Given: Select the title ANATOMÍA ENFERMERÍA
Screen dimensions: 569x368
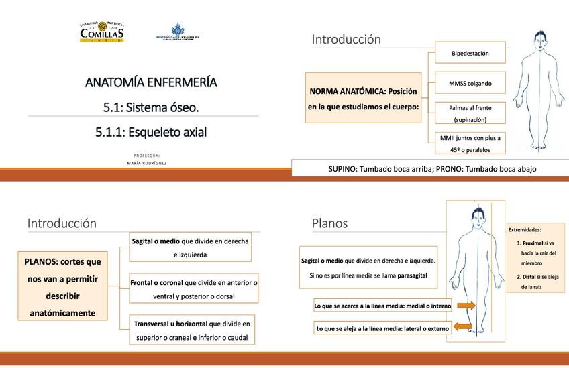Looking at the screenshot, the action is click(x=151, y=82).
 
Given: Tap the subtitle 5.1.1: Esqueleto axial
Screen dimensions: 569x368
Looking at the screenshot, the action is click(x=151, y=132).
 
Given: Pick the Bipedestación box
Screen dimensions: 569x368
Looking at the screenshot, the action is click(x=470, y=53).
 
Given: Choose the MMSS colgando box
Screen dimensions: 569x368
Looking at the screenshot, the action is click(x=470, y=84).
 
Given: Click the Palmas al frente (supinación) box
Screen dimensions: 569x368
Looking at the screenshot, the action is click(x=470, y=113).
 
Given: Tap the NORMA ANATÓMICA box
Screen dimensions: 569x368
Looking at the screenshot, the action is click(x=363, y=98).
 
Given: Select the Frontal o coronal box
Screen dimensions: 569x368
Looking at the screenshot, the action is click(x=193, y=290).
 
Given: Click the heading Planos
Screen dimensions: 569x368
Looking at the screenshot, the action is click(x=329, y=223).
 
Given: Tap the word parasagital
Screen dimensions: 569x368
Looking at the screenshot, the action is click(x=406, y=275).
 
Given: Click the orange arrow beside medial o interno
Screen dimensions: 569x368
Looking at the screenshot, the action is click(x=465, y=306).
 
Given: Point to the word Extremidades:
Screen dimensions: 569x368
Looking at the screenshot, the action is click(x=525, y=230).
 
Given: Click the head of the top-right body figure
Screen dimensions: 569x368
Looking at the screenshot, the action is click(x=539, y=39).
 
